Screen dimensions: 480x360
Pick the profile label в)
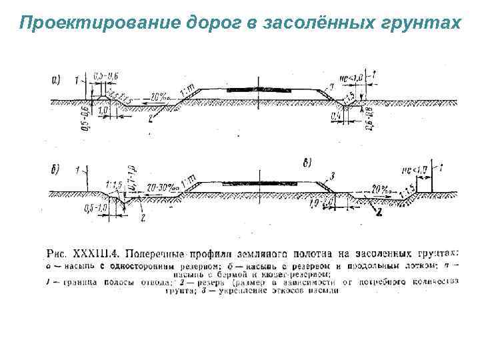point(308,163)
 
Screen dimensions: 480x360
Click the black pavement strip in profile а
point(257,87)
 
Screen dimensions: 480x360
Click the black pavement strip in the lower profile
point(257,181)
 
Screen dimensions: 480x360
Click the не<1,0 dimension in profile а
point(351,78)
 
